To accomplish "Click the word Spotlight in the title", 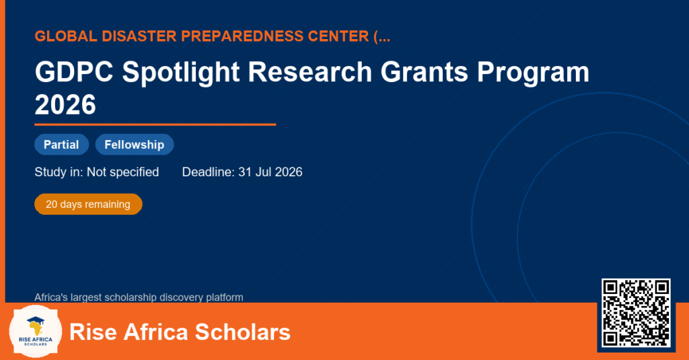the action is tap(181, 73).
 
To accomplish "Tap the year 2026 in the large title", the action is tap(65, 104).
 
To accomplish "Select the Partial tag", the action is tap(61, 145).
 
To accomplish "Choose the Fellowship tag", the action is tap(135, 145).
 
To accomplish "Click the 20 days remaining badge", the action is tap(88, 205).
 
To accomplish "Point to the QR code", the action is tap(637, 313).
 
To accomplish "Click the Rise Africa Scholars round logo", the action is tap(36, 332).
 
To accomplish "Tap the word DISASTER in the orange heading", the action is tap(139, 36).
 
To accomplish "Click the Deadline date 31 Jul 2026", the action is tap(270, 172).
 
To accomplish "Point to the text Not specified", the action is tap(122, 172).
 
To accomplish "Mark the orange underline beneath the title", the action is tap(155, 125).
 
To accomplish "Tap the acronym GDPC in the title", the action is tap(74, 71).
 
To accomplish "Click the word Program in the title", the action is tap(533, 73).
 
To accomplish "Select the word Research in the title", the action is tap(310, 71).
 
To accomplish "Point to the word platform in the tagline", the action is tap(225, 297).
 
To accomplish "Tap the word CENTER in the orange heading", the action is tap(338, 36).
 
